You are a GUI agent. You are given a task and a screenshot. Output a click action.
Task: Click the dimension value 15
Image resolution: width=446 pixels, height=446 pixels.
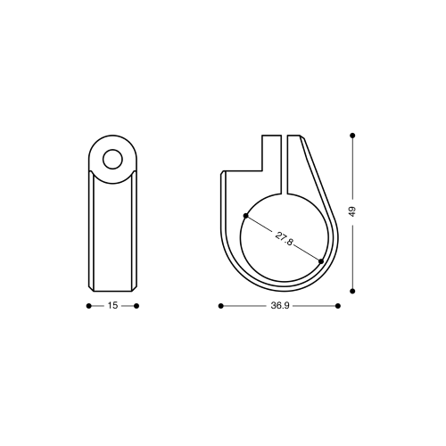(112, 305)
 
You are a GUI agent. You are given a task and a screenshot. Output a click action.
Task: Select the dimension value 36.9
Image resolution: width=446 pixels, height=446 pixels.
(280, 306)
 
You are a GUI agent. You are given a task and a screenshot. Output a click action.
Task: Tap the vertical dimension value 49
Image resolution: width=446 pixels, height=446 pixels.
(352, 211)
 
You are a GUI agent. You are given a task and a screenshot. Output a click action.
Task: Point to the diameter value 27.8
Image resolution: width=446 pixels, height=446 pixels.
(284, 239)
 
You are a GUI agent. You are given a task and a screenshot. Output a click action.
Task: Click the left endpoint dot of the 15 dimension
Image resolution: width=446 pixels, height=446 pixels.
(88, 306)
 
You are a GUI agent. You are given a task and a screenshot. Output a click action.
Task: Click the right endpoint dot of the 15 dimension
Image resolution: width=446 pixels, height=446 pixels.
(136, 306)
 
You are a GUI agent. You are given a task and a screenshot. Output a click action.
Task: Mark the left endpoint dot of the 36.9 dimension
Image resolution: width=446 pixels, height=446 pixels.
(220, 306)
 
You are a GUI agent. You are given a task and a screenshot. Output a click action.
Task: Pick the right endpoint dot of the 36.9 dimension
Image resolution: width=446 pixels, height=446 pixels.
(338, 306)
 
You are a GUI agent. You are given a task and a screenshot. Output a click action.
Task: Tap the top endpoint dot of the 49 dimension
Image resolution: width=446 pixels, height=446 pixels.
(352, 136)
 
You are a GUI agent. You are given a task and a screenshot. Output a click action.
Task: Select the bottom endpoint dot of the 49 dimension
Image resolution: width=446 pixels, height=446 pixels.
(352, 291)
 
